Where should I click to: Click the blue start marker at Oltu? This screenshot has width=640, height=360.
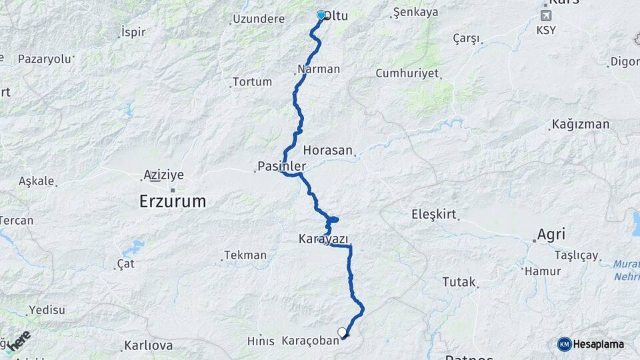click(x=321, y=15)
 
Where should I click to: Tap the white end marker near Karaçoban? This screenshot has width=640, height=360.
click(x=342, y=332)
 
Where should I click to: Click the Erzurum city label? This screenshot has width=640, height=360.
click(x=172, y=201)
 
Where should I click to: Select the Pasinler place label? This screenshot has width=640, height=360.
click(x=282, y=166)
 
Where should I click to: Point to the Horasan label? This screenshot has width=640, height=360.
click(x=327, y=150)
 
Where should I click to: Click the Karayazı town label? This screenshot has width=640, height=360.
click(x=324, y=238)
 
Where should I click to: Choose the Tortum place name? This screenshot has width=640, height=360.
click(x=253, y=82)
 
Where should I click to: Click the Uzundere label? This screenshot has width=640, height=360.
click(x=259, y=19)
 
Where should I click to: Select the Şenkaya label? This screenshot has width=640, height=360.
click(x=415, y=12)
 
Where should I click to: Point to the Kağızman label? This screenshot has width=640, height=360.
click(x=581, y=125)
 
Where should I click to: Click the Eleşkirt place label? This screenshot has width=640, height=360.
click(x=433, y=214)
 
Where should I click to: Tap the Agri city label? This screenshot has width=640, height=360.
click(x=551, y=235)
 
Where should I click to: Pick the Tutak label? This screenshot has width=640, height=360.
click(x=459, y=282)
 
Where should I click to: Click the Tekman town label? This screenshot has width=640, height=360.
click(x=245, y=255)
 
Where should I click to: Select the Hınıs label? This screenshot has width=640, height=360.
click(x=261, y=341)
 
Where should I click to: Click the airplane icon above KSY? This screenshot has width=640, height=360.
click(x=546, y=16)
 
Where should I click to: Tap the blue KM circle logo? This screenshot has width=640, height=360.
click(x=565, y=344)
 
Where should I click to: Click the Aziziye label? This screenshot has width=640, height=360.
click(x=163, y=175)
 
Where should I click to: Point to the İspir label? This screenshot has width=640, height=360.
click(x=133, y=32)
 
